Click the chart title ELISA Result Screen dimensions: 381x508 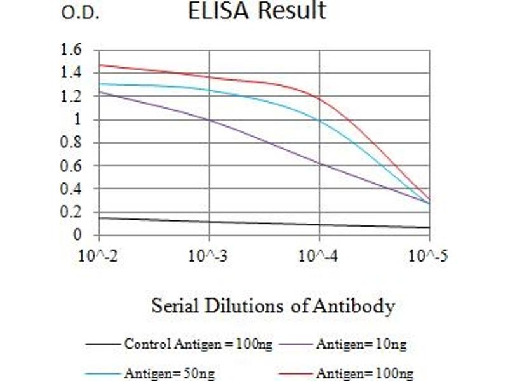[257, 11]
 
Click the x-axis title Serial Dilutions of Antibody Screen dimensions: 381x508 [273, 307]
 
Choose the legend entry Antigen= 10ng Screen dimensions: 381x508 [361, 345]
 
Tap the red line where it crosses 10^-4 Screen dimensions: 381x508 [319, 98]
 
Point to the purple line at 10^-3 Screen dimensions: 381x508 [209, 119]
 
